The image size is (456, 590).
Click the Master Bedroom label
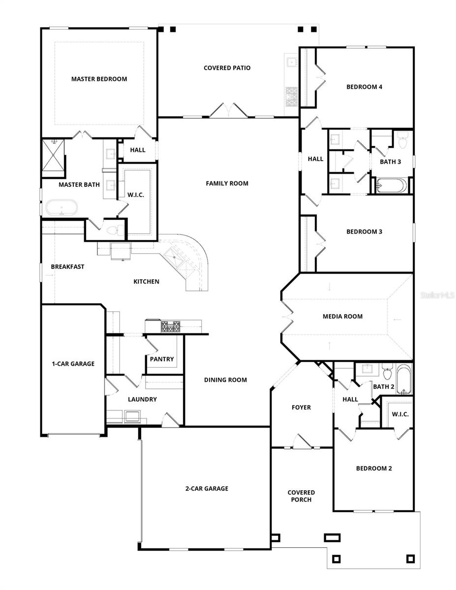coord(99,79)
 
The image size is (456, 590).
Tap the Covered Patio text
coord(227,68)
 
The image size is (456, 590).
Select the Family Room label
coord(227,183)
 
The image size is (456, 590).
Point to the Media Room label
coord(342,316)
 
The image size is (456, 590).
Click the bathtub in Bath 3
coord(392,186)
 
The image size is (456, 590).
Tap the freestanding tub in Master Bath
coord(62,207)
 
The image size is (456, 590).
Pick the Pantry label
coord(162,359)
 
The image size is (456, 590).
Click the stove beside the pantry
coord(170,326)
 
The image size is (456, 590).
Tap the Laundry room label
coord(142,399)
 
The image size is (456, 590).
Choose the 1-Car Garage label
coord(73,364)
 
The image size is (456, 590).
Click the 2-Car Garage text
coord(207,488)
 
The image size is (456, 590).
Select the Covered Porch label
coord(301,496)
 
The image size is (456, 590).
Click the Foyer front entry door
coord(302,442)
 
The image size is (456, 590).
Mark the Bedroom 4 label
coord(364,87)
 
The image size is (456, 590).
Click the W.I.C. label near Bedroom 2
coord(400,414)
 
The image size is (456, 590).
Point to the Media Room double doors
coord(287,316)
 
